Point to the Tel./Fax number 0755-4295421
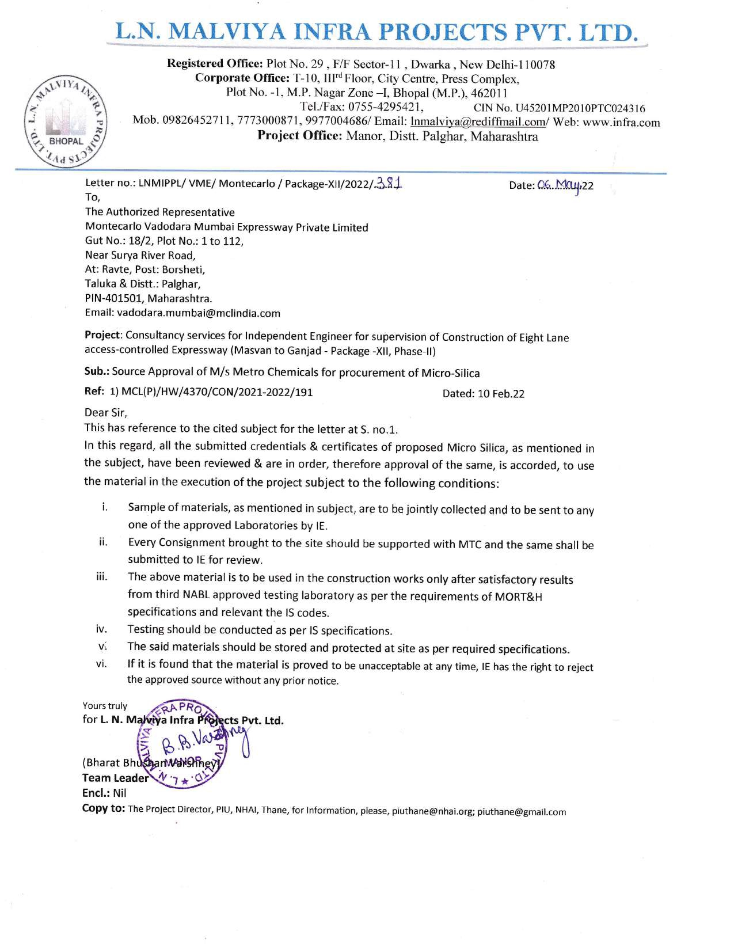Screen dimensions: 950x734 point(386,107)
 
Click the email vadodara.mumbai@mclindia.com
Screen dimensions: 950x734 point(199,313)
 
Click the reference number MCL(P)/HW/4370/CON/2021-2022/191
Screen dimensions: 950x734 point(216,393)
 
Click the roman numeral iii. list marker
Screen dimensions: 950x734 point(102,577)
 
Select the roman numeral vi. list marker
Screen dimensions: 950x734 point(101,664)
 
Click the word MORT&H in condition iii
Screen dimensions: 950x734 point(518,596)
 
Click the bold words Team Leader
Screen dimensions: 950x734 point(115,778)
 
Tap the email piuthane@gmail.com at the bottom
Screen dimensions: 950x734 point(522,812)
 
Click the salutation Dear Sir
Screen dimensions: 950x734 point(106,412)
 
